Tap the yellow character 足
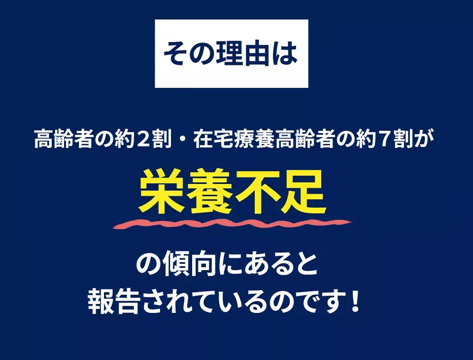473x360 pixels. (x=302, y=192)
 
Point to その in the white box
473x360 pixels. (x=188, y=54)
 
